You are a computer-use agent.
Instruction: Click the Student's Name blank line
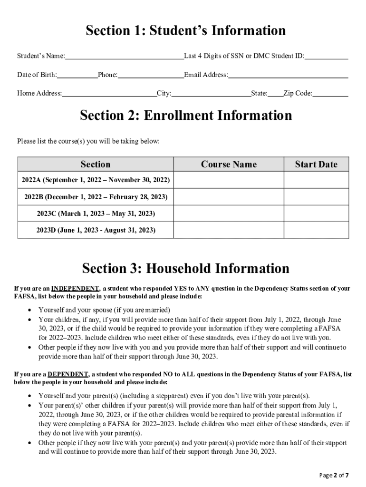click(x=124, y=57)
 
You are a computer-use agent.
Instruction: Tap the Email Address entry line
click(x=288, y=75)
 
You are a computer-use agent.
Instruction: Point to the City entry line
click(x=211, y=94)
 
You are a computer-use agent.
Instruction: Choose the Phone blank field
click(x=151, y=75)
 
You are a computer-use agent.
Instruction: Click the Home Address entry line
click(x=109, y=94)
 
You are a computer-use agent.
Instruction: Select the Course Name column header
click(x=229, y=165)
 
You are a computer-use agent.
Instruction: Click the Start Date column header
click(x=316, y=165)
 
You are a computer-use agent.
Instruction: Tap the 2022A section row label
click(x=96, y=180)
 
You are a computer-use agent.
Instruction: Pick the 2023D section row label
click(x=96, y=230)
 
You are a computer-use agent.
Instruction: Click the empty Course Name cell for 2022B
click(x=229, y=197)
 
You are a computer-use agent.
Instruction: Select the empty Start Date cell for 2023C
click(x=316, y=214)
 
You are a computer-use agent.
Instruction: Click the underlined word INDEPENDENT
click(x=75, y=289)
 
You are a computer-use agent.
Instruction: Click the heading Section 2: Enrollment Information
click(x=186, y=116)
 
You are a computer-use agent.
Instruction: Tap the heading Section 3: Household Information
click(x=185, y=269)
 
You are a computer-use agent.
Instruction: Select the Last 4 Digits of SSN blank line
click(x=327, y=57)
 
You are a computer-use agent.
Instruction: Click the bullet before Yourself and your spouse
click(x=30, y=310)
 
